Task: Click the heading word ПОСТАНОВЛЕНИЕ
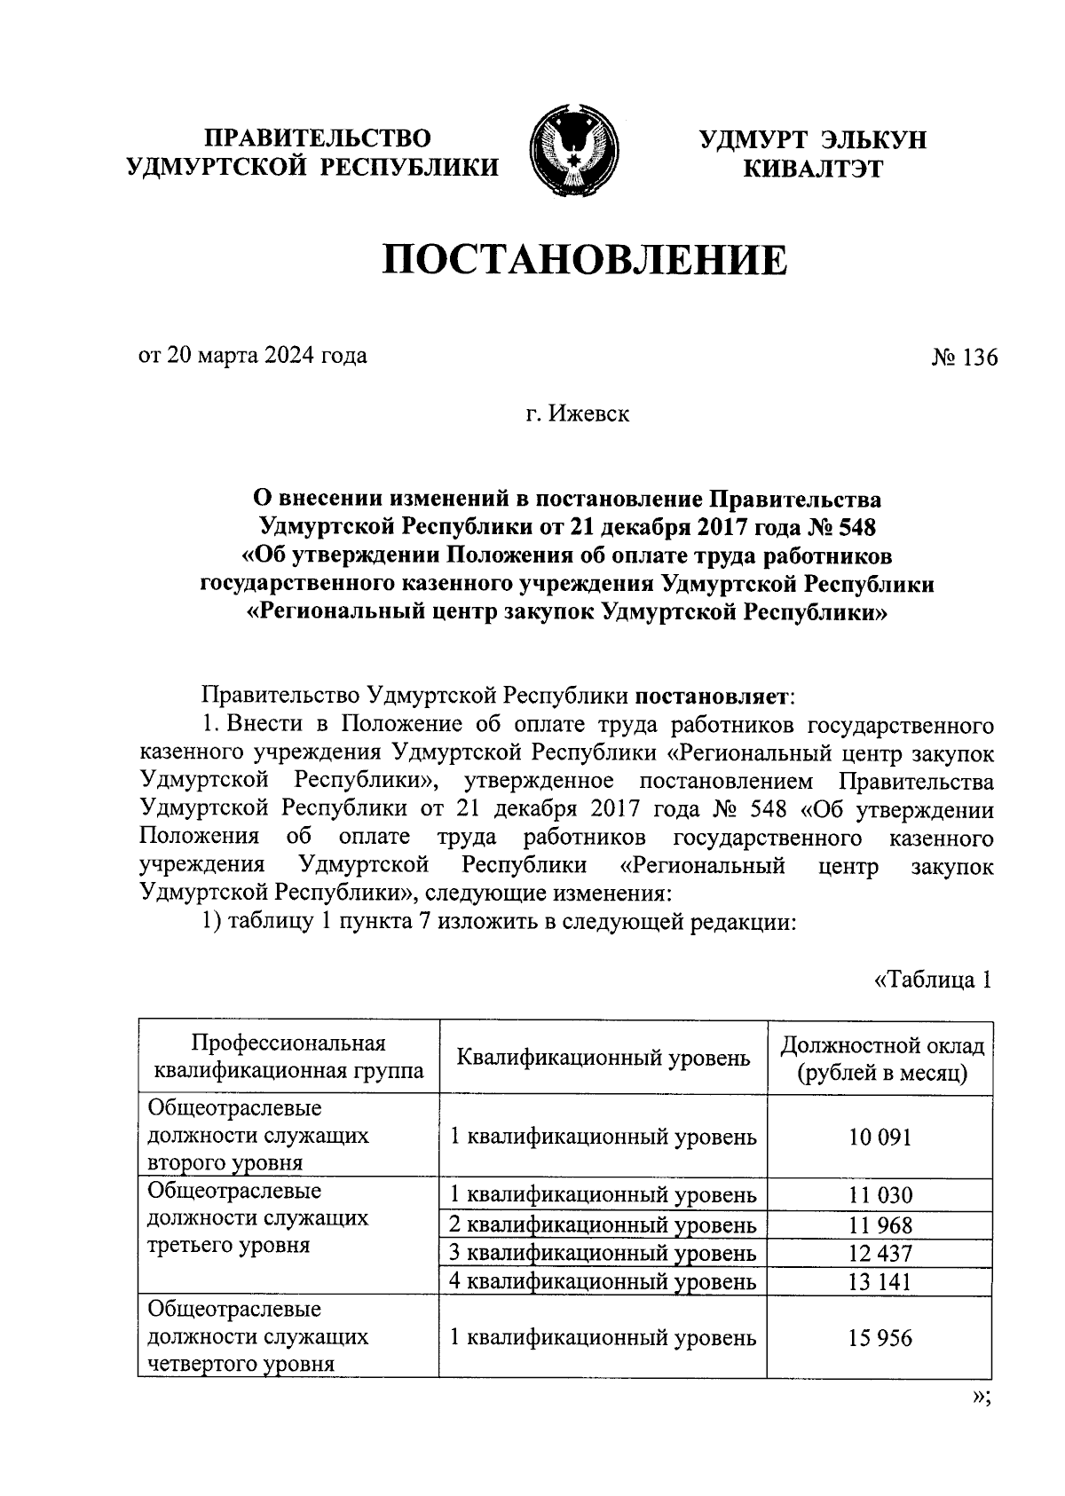584,261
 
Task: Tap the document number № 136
964,358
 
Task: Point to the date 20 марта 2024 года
252,356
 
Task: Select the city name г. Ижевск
577,413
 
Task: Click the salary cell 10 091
880,1137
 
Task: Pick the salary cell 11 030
880,1195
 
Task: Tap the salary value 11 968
880,1225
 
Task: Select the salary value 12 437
880,1253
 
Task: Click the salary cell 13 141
880,1281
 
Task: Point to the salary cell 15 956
880,1337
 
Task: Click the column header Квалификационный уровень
603,1058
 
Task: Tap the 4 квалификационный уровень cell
603,1281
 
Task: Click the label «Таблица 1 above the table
931,980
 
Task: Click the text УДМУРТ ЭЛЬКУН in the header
811,139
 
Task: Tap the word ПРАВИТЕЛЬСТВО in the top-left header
318,138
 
